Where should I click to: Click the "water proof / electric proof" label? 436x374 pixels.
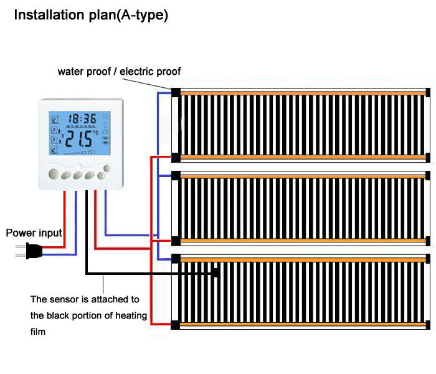[119, 72]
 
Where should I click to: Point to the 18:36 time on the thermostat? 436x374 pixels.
[82, 118]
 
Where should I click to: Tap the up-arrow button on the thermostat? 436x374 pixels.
[107, 168]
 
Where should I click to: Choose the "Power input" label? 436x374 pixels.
[34, 233]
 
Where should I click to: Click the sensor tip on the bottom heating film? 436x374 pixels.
[215, 272]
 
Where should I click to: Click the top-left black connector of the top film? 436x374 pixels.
[176, 93]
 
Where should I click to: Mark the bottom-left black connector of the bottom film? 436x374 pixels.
[176, 325]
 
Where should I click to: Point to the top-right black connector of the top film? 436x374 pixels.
[428, 93]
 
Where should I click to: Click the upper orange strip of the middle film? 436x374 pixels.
[302, 177]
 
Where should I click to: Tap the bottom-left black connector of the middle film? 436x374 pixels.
[176, 241]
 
